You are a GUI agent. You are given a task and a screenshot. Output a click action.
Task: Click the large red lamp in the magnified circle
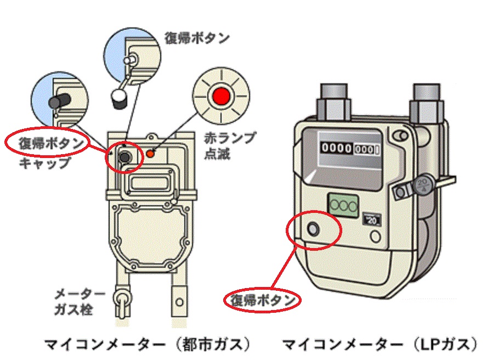click(x=222, y=97)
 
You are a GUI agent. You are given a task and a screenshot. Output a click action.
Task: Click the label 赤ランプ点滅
click(x=234, y=146)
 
